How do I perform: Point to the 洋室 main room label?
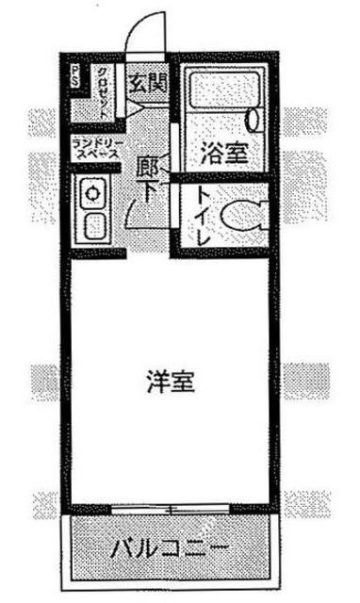click(x=171, y=383)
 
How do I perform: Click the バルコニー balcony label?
click(x=171, y=547)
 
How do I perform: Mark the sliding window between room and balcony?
click(x=172, y=510)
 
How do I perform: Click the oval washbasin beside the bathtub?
click(x=254, y=119)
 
